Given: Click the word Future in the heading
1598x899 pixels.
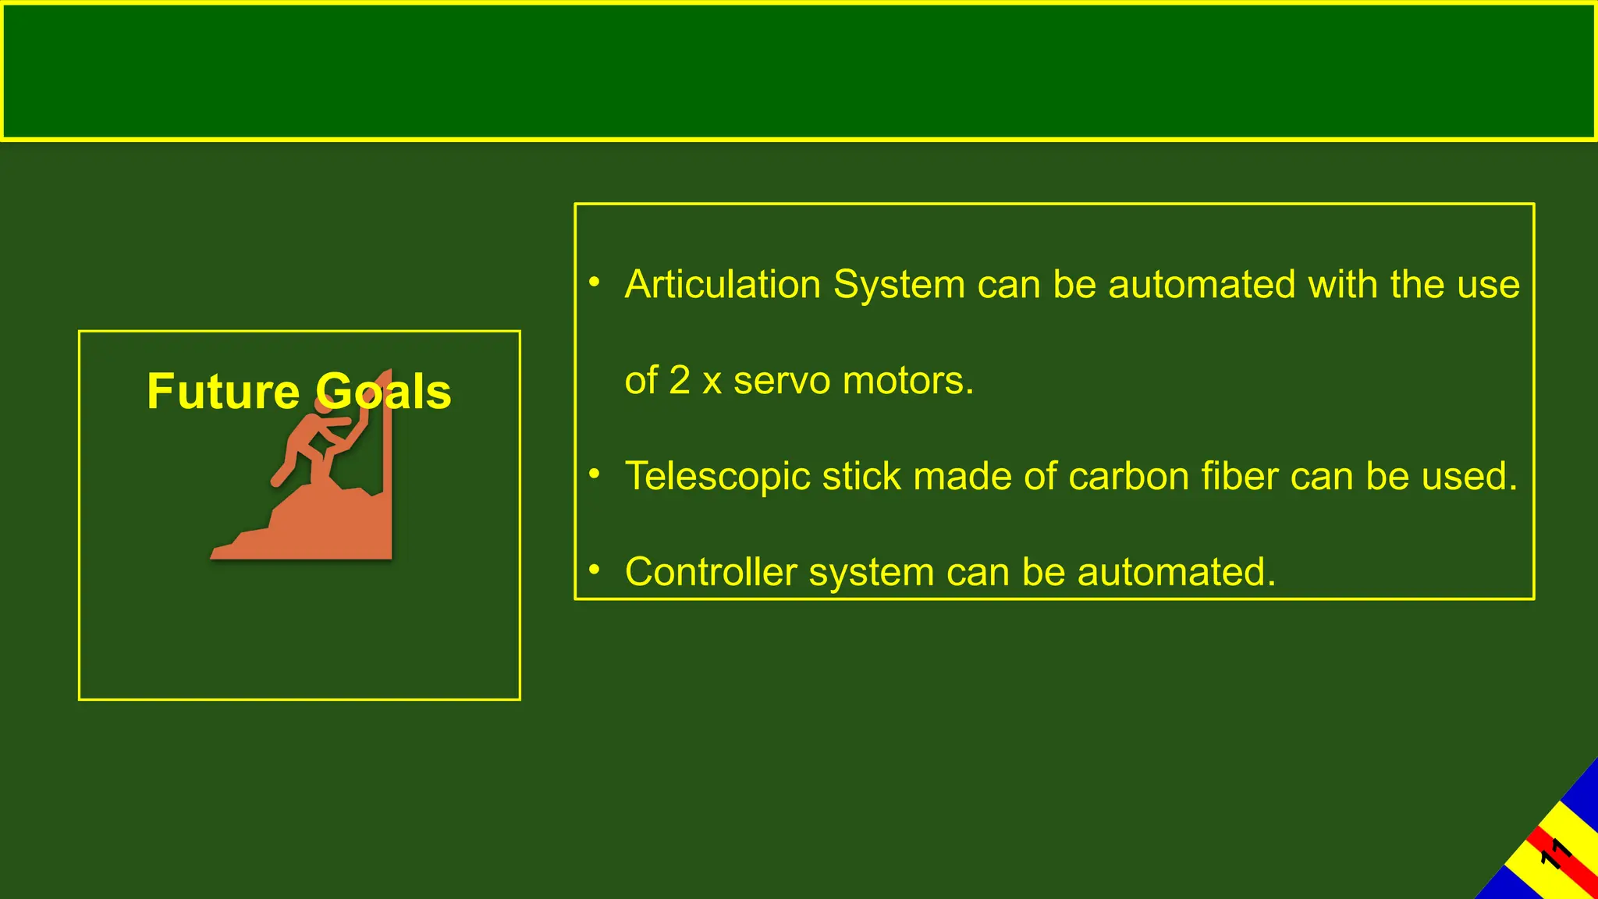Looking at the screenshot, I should pyautogui.click(x=223, y=391).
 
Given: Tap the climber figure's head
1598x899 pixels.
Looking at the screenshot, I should pyautogui.click(x=323, y=404).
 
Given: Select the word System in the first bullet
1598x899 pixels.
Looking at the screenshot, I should pyautogui.click(x=899, y=284).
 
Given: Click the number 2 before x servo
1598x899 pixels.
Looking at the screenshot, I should pyautogui.click(x=680, y=381).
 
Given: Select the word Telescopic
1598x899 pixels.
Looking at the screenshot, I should pyautogui.click(x=717, y=476).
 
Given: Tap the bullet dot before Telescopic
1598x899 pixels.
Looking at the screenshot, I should pyautogui.click(x=595, y=474).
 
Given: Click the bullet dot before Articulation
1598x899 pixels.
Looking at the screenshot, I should pyautogui.click(x=595, y=282).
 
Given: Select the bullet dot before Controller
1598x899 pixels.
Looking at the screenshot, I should pyautogui.click(x=595, y=570).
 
